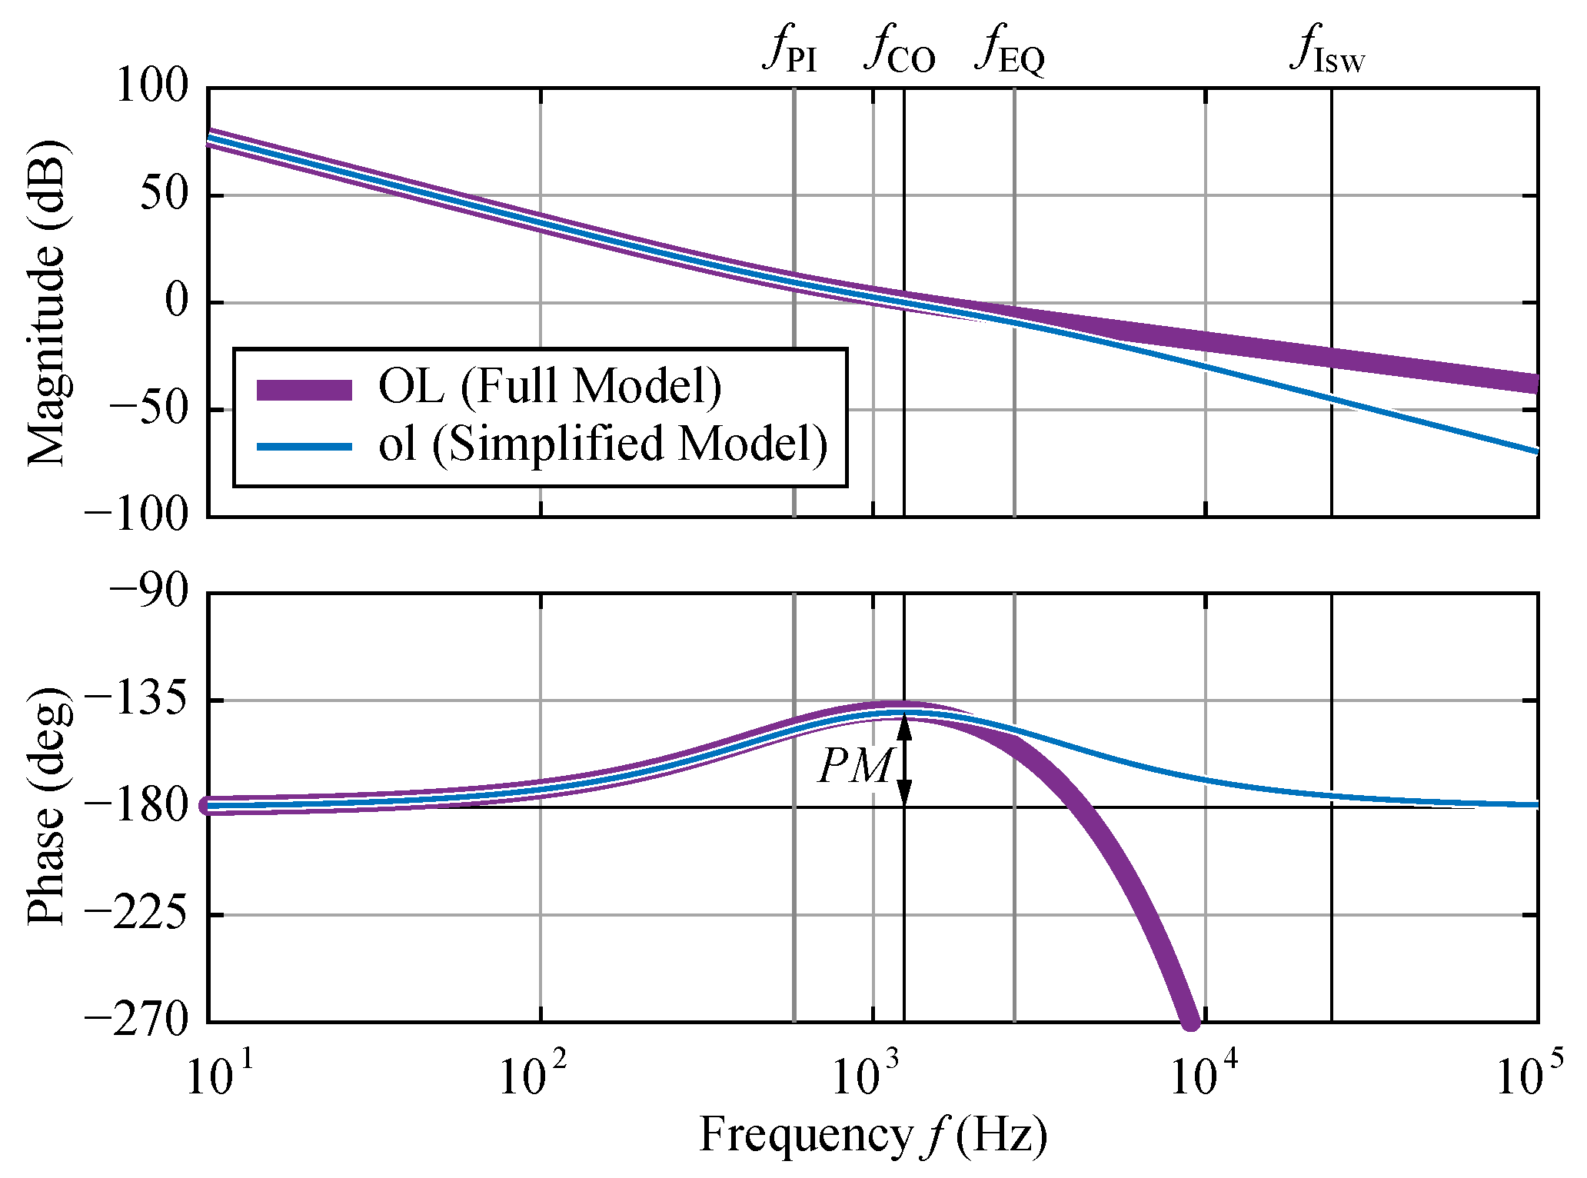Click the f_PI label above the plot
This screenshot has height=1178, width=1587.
(x=790, y=50)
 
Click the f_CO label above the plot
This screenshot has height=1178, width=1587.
(x=900, y=50)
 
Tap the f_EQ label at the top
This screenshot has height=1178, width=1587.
(x=1010, y=50)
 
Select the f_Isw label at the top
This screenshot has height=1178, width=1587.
(x=1328, y=50)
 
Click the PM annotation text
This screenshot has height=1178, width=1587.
(x=855, y=767)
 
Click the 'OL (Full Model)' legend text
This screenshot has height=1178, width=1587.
(x=550, y=386)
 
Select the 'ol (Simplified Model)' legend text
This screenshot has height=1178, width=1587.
(x=603, y=444)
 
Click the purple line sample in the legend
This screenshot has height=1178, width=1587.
(x=304, y=390)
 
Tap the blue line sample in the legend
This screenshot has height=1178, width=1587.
(x=304, y=447)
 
